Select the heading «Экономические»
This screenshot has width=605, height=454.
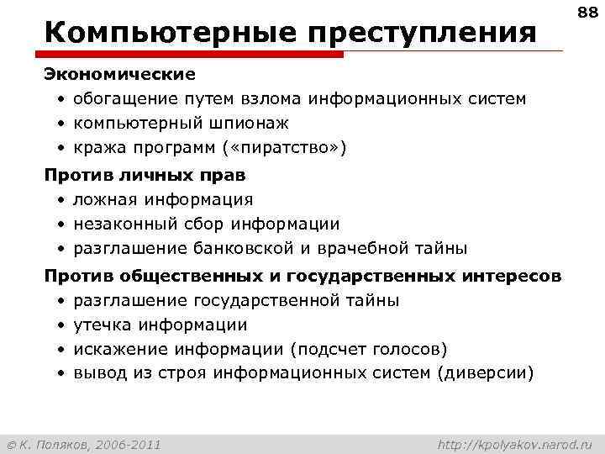pos(119,75)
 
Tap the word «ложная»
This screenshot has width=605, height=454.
pos(105,199)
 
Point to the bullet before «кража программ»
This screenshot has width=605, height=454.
pos(62,149)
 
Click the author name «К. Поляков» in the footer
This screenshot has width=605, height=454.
pos(59,443)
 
